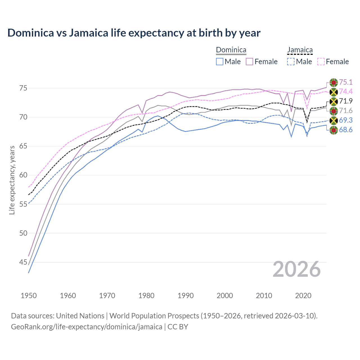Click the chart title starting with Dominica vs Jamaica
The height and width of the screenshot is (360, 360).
pyautogui.click(x=134, y=33)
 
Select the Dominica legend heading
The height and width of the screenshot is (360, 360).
pyautogui.click(x=231, y=50)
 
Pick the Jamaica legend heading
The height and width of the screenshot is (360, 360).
pyautogui.click(x=300, y=50)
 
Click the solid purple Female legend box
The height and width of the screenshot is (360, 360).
pyautogui.click(x=249, y=62)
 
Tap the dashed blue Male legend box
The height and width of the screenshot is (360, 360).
pyautogui.click(x=291, y=62)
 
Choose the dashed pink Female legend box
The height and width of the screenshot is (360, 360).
pyautogui.click(x=321, y=62)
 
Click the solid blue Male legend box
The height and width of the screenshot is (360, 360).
pyautogui.click(x=220, y=62)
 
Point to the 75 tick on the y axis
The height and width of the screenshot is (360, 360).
pyautogui.click(x=23, y=88)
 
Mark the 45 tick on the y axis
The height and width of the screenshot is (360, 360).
pyautogui.click(x=23, y=262)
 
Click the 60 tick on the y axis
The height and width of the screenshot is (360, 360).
pyautogui.click(x=23, y=175)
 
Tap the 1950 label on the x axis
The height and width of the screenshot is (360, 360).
pyautogui.click(x=29, y=296)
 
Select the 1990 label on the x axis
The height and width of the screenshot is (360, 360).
pyautogui.click(x=186, y=296)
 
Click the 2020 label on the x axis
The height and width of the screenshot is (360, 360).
pyautogui.click(x=303, y=296)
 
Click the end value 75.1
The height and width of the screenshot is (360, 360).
pyautogui.click(x=346, y=82)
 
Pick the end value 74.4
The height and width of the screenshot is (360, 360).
pyautogui.click(x=346, y=91)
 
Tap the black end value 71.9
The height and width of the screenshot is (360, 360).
pyautogui.click(x=346, y=101)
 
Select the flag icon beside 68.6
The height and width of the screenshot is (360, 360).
pyautogui.click(x=334, y=130)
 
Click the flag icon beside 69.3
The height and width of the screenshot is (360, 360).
pyautogui.click(x=334, y=120)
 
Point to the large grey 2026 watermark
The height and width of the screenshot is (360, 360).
pyautogui.click(x=296, y=269)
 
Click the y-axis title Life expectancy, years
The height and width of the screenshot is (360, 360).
pyautogui.click(x=12, y=180)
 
